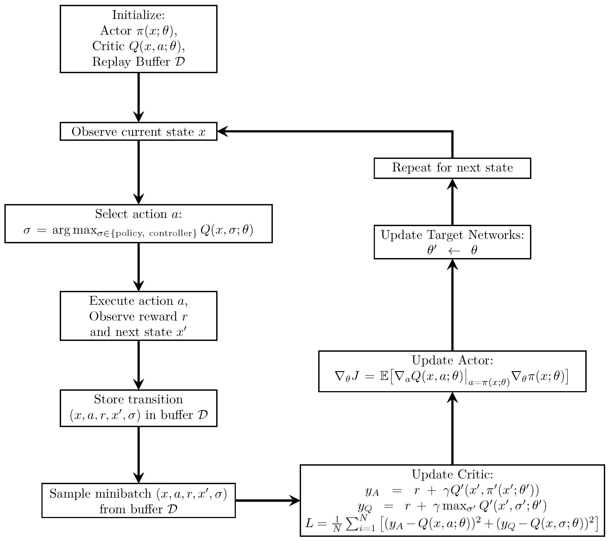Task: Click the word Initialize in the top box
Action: pyautogui.click(x=138, y=15)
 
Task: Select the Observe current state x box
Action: pyautogui.click(x=138, y=132)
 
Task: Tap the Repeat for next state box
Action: pyautogui.click(x=452, y=168)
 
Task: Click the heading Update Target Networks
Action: pyautogui.click(x=452, y=235)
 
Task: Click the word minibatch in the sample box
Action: pyautogui.click(x=123, y=494)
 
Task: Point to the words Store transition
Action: pyautogui.click(x=138, y=400)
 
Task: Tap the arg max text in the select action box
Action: pyautogui.click(x=74, y=230)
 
